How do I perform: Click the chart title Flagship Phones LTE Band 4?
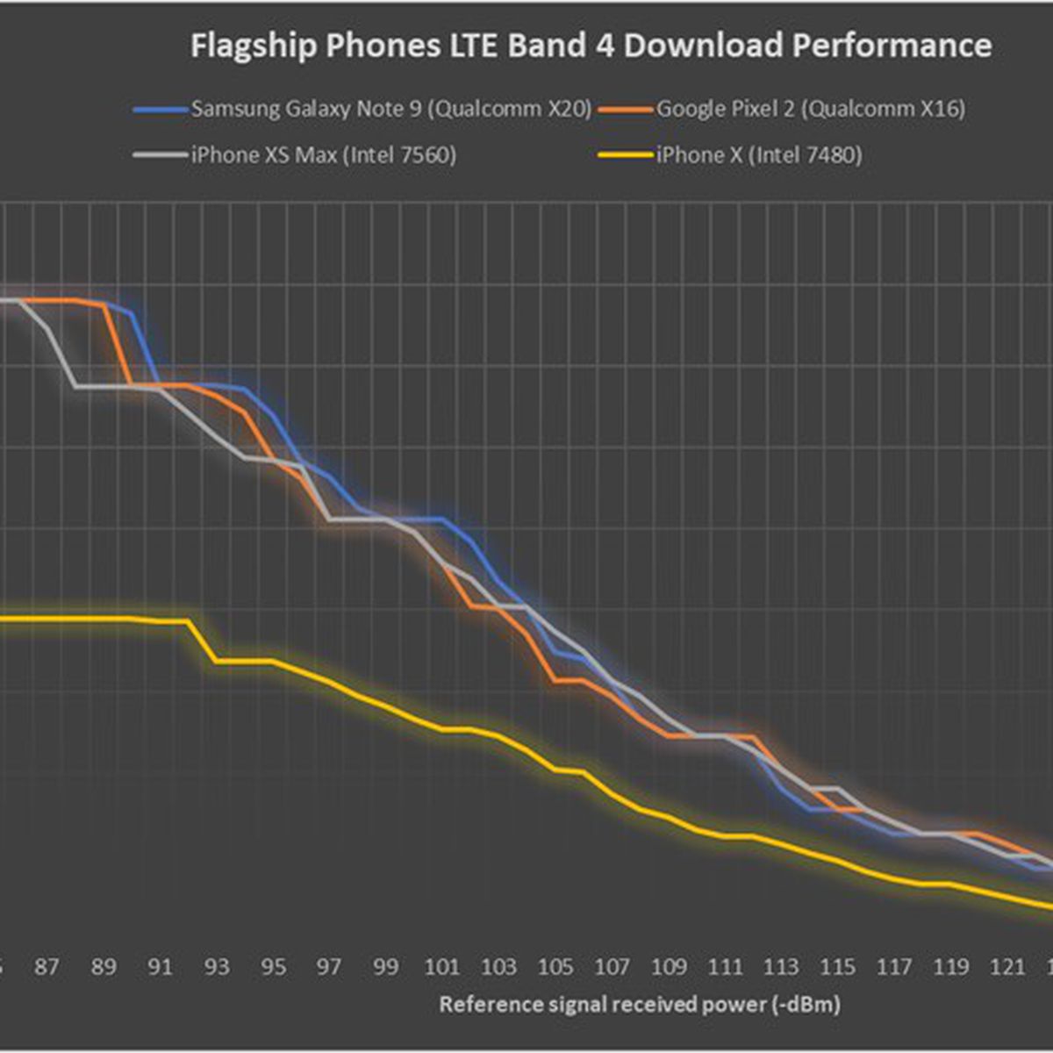point(591,46)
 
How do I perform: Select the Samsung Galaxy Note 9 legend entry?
point(390,110)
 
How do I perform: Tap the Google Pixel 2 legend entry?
point(810,110)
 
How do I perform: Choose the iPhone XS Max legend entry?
point(323,156)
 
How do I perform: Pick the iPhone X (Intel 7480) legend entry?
point(758,156)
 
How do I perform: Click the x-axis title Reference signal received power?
point(640,1004)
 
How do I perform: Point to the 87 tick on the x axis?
point(47,967)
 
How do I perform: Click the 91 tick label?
point(160,967)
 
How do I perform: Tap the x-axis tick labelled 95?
point(273,967)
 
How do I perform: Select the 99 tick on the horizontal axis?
point(386,967)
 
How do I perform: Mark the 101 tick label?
point(442,967)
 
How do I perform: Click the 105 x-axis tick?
point(555,967)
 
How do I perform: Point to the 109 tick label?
point(669,967)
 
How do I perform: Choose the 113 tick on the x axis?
point(781,967)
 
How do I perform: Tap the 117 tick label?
point(894,967)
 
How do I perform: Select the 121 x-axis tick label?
point(1007,967)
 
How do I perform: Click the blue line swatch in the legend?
point(161,111)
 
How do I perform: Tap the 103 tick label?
point(499,967)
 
